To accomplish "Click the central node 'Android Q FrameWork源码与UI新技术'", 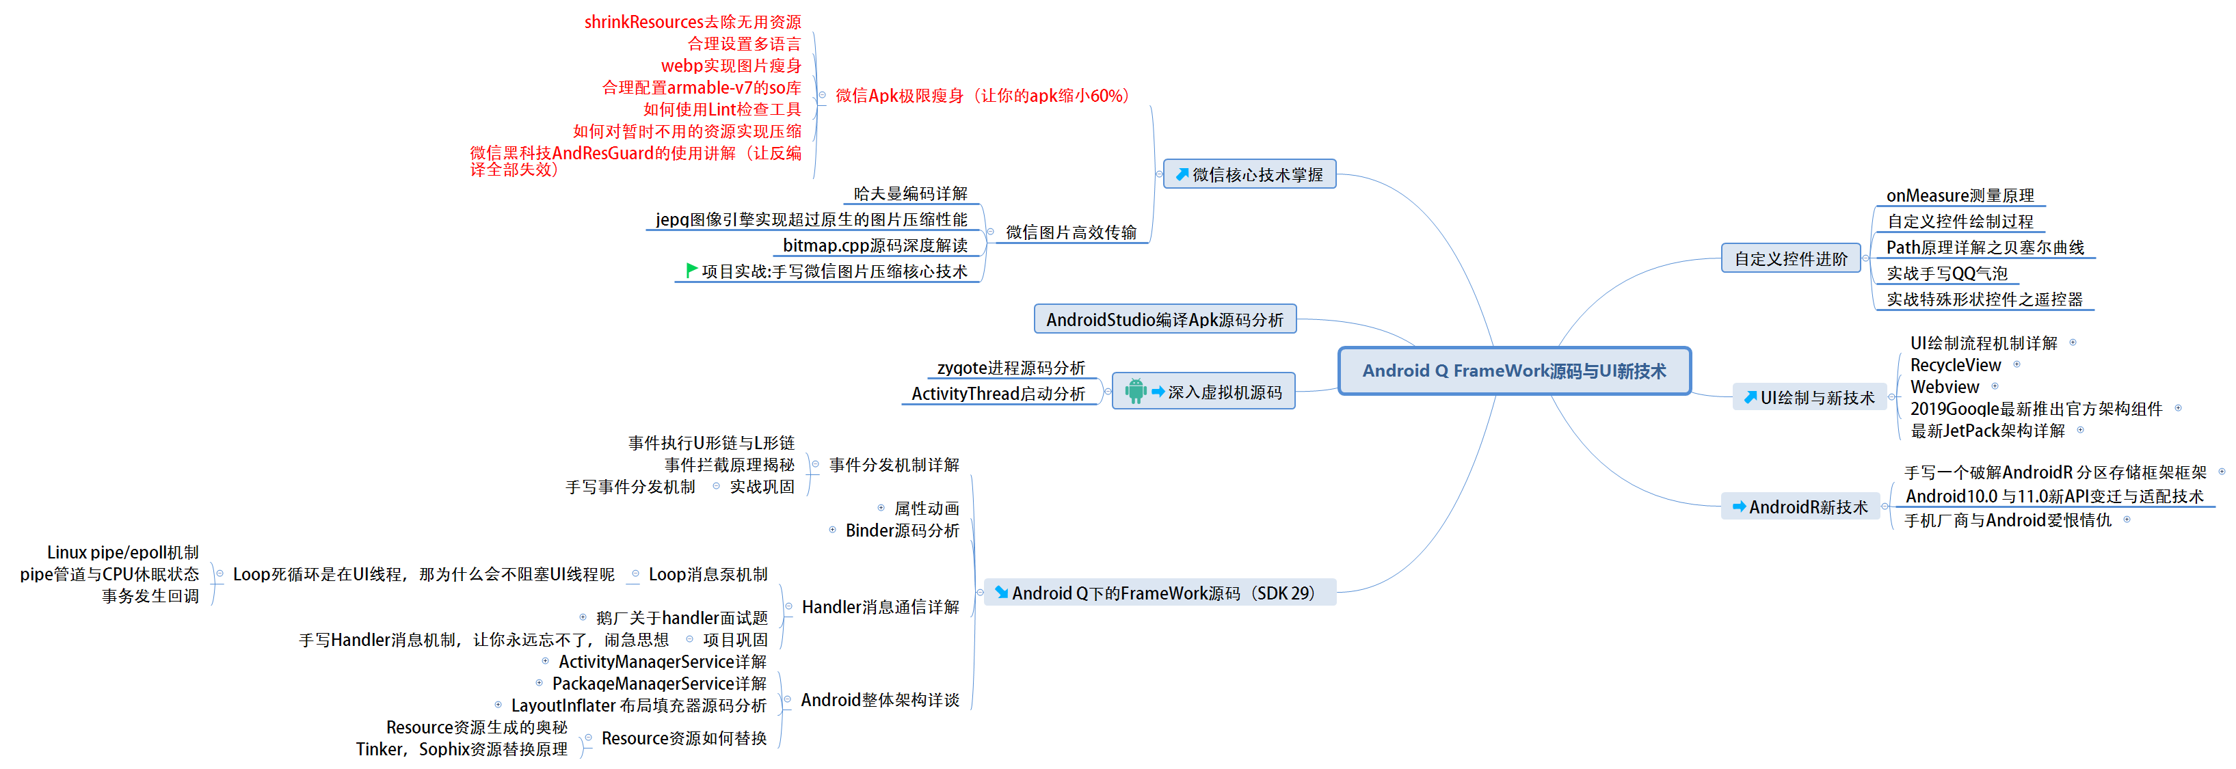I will [1514, 370].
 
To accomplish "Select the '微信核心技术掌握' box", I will [1249, 174].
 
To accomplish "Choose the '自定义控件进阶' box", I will [1790, 258].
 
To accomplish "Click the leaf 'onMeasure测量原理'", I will [1959, 195].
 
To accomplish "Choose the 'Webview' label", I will [1944, 387].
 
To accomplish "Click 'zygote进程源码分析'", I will [1011, 368].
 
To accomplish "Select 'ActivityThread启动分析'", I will [998, 394].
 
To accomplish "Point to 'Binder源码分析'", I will [902, 530].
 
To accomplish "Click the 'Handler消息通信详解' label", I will [880, 607].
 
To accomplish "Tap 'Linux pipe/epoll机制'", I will [122, 552].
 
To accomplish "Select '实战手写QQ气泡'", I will [1946, 273].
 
